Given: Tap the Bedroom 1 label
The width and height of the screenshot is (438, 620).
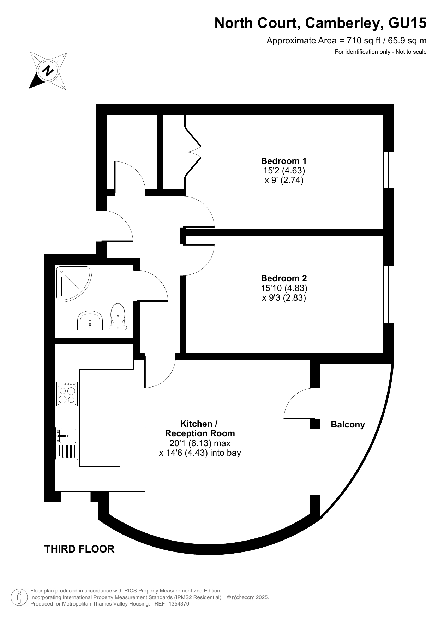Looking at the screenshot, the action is click(x=284, y=161).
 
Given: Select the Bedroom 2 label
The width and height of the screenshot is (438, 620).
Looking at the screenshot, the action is click(x=284, y=278).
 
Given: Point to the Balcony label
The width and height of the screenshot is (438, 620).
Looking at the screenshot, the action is click(x=348, y=425).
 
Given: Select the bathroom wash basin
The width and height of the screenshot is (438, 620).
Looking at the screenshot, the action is click(x=90, y=320).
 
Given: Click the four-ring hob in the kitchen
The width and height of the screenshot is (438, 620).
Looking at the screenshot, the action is click(x=67, y=394).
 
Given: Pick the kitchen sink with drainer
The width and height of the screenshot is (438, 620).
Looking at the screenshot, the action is click(x=67, y=443).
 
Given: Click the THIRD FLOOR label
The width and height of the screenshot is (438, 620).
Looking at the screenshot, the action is click(x=79, y=549).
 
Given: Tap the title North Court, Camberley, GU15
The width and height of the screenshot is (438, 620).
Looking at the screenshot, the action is click(x=320, y=23).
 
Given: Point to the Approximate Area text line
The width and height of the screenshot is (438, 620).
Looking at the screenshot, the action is click(x=346, y=41).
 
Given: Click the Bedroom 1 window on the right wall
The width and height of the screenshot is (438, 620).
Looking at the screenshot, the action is click(x=388, y=170).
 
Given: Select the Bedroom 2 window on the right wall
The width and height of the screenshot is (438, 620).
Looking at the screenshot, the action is click(x=388, y=294).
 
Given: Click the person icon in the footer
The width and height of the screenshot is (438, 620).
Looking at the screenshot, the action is click(x=20, y=597).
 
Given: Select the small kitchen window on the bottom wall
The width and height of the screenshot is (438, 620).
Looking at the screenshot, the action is click(x=76, y=497).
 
